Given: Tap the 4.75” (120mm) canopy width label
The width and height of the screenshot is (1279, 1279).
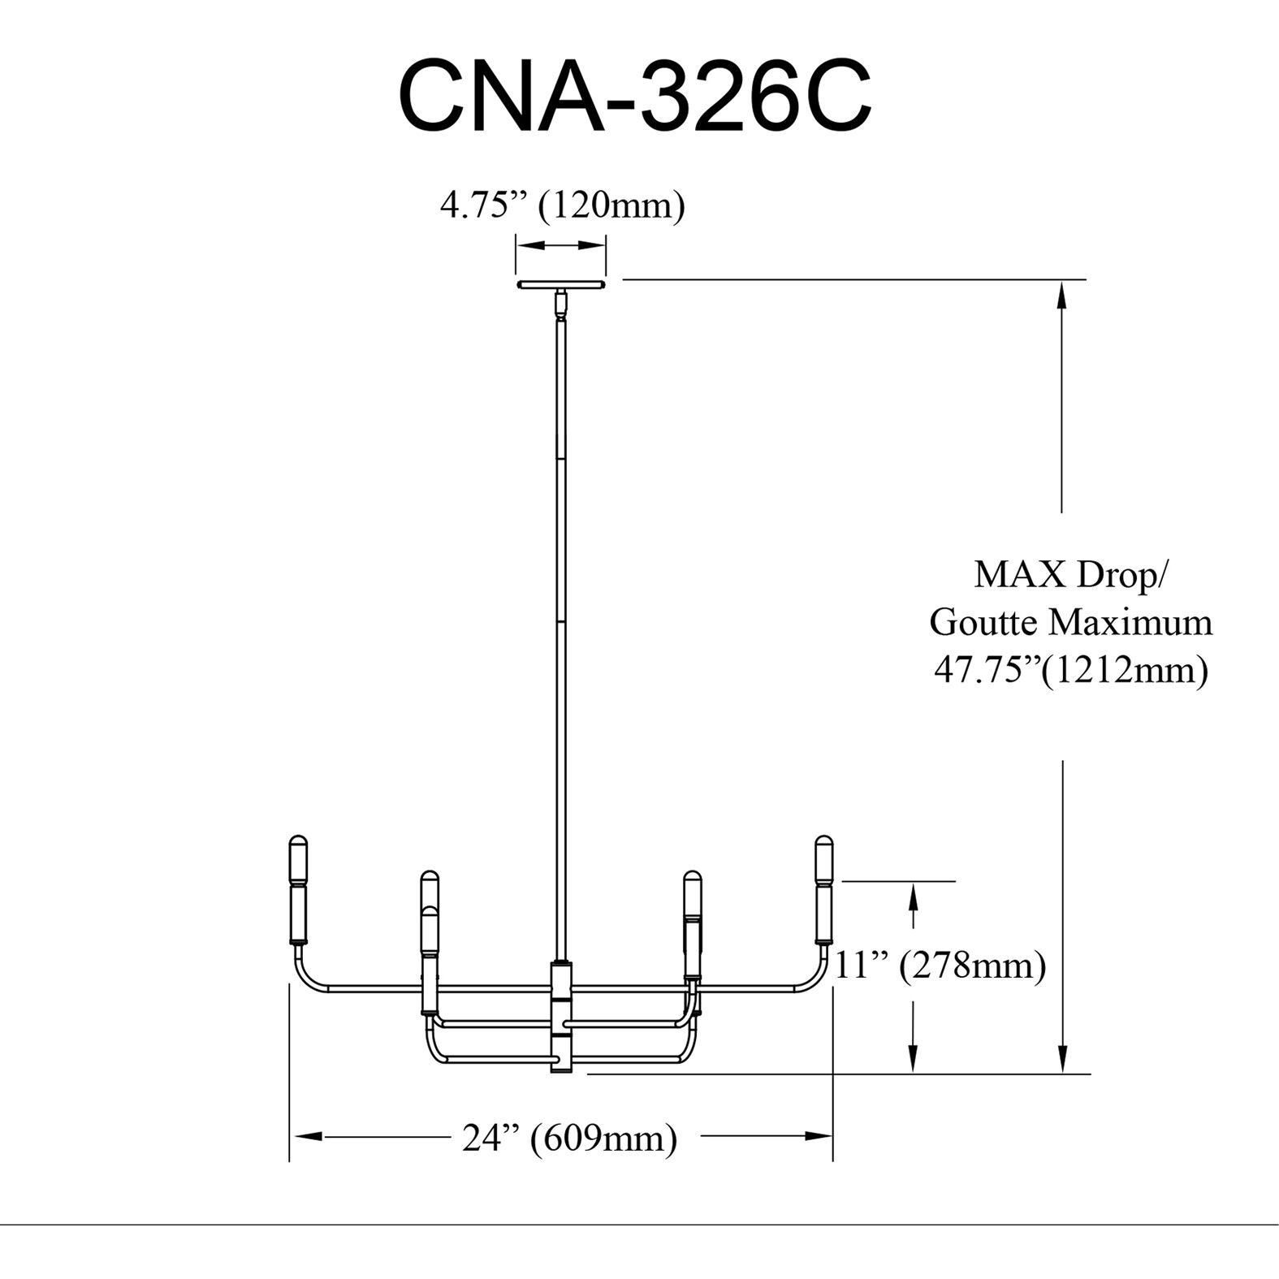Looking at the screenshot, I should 562,205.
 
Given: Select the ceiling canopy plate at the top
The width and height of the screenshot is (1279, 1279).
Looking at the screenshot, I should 560,285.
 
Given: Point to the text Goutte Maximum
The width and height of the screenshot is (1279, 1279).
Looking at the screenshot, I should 1070,623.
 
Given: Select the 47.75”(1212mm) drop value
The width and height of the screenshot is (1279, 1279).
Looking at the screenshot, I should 1070,671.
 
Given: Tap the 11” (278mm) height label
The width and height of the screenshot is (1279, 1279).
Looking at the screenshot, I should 940,966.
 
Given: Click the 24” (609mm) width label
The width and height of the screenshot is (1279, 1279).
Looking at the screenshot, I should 570,1138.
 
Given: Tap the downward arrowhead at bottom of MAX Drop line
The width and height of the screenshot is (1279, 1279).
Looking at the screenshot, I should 1061,1059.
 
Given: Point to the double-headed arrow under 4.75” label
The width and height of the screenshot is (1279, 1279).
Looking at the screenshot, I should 561,245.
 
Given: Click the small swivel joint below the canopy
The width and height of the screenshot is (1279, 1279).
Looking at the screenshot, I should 560,305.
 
